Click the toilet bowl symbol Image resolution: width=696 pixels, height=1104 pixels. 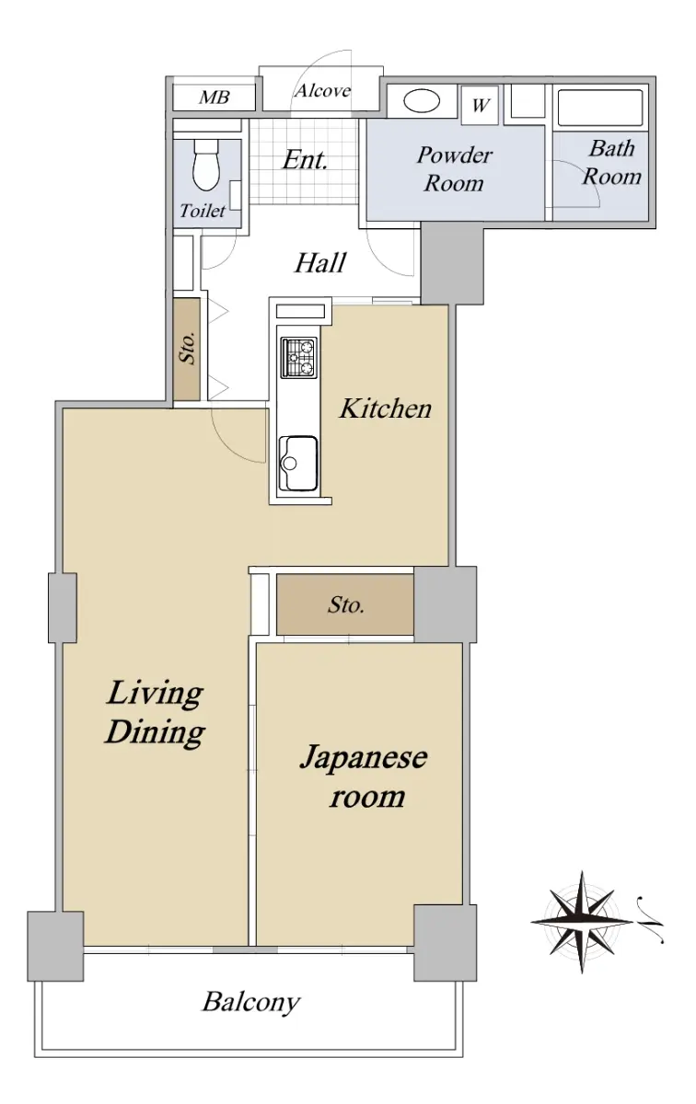(206, 165)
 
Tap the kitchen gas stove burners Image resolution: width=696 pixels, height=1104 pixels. (298, 357)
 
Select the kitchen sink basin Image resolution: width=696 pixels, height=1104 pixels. (298, 464)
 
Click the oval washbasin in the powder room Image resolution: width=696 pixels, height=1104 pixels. (422, 101)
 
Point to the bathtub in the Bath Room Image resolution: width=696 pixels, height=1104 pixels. (600, 108)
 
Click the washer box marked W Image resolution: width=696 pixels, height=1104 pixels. (480, 105)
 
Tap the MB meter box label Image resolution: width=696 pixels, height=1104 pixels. (215, 98)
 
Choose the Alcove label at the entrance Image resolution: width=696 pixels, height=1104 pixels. (323, 91)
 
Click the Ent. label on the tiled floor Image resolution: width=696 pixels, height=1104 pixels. (305, 160)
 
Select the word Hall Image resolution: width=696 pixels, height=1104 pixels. (320, 263)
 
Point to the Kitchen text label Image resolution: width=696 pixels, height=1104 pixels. (385, 408)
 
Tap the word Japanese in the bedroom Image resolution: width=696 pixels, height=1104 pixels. (364, 759)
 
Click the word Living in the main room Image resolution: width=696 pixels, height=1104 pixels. (155, 694)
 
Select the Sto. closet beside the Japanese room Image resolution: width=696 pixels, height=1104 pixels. (345, 604)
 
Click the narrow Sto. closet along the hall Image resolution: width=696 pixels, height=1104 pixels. (187, 349)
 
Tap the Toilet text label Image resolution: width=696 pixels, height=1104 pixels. (203, 211)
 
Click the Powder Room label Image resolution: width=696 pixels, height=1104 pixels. (454, 169)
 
